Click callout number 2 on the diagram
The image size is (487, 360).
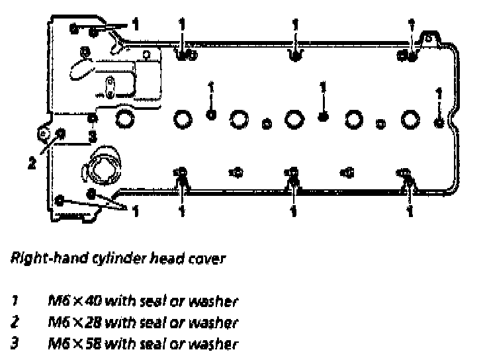tap(30, 162)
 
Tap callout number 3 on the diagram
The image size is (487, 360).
tap(93, 138)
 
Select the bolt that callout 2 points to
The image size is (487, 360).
tap(60, 134)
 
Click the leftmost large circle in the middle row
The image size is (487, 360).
tap(124, 119)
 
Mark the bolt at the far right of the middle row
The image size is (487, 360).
tap(439, 121)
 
